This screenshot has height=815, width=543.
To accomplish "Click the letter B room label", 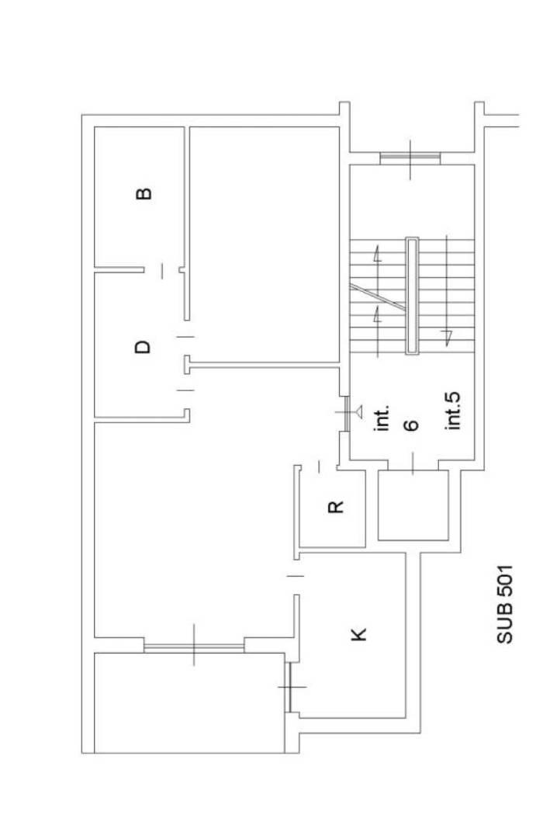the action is pos(144,193).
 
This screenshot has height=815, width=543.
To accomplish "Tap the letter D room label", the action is pos(143,347).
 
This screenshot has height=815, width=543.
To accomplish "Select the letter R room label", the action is pos(336,506).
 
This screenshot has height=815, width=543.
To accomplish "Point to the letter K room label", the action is pos(358,634).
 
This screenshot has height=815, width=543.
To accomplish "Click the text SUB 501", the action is pos(505,605).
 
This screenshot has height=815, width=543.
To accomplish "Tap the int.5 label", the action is pos(453,411).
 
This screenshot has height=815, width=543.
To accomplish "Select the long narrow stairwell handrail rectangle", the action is pos(412,296).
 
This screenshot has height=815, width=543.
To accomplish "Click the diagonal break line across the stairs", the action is pos(377,297).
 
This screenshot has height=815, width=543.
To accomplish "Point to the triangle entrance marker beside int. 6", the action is pos(358,411).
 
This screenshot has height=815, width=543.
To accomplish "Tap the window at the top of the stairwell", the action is pos(410,158).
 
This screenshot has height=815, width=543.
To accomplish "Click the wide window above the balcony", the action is pos(194,646).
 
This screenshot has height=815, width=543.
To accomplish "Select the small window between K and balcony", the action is pos(289,687).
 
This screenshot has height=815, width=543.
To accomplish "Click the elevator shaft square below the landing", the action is pos(413,505).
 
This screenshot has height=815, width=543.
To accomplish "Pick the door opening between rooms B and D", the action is pos(161,270).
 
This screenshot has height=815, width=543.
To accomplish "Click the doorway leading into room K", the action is pos(296,576).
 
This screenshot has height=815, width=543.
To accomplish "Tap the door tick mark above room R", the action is pos(319,466).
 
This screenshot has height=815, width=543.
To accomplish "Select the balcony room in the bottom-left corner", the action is pos(189,702).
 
